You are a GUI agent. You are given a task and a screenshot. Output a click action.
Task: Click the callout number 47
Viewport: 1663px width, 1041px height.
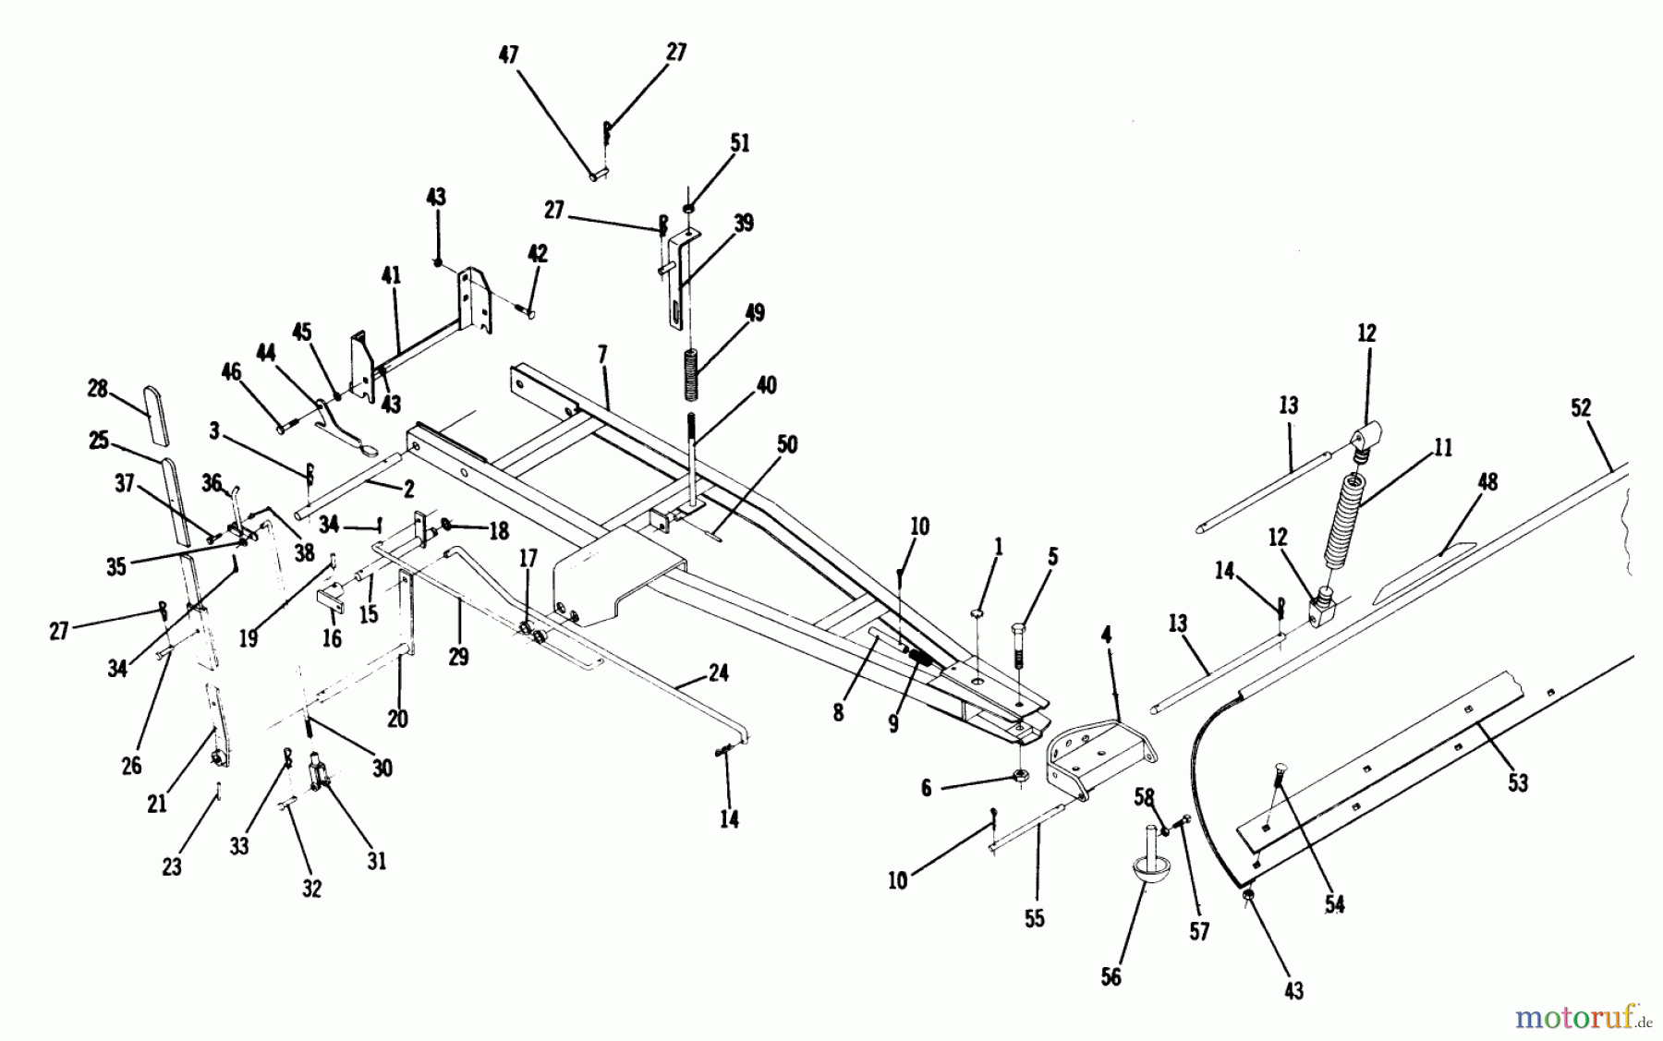click(x=508, y=55)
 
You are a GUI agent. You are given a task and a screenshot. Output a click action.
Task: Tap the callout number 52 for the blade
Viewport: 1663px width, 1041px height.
click(x=1581, y=408)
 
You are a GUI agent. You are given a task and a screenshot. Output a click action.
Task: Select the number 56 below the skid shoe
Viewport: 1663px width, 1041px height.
click(x=1111, y=977)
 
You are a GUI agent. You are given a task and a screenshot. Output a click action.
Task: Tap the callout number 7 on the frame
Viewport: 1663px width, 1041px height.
click(x=602, y=354)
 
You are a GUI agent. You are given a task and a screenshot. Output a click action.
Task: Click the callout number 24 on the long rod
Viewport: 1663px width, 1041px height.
click(x=718, y=673)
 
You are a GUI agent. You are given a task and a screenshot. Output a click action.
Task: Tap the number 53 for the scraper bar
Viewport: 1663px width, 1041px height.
click(x=1518, y=782)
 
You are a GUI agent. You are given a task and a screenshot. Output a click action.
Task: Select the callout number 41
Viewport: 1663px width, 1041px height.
click(x=392, y=275)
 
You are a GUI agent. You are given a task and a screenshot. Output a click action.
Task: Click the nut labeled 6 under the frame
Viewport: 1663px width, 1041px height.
click(x=1020, y=774)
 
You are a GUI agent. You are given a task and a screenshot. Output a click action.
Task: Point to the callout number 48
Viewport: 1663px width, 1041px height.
click(x=1487, y=482)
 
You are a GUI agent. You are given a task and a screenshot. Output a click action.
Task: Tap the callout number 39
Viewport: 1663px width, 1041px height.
click(x=743, y=224)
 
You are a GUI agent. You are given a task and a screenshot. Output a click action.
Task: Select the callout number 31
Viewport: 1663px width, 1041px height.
click(x=376, y=861)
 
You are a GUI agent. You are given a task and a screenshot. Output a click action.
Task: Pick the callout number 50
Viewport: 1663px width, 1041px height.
click(x=786, y=445)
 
